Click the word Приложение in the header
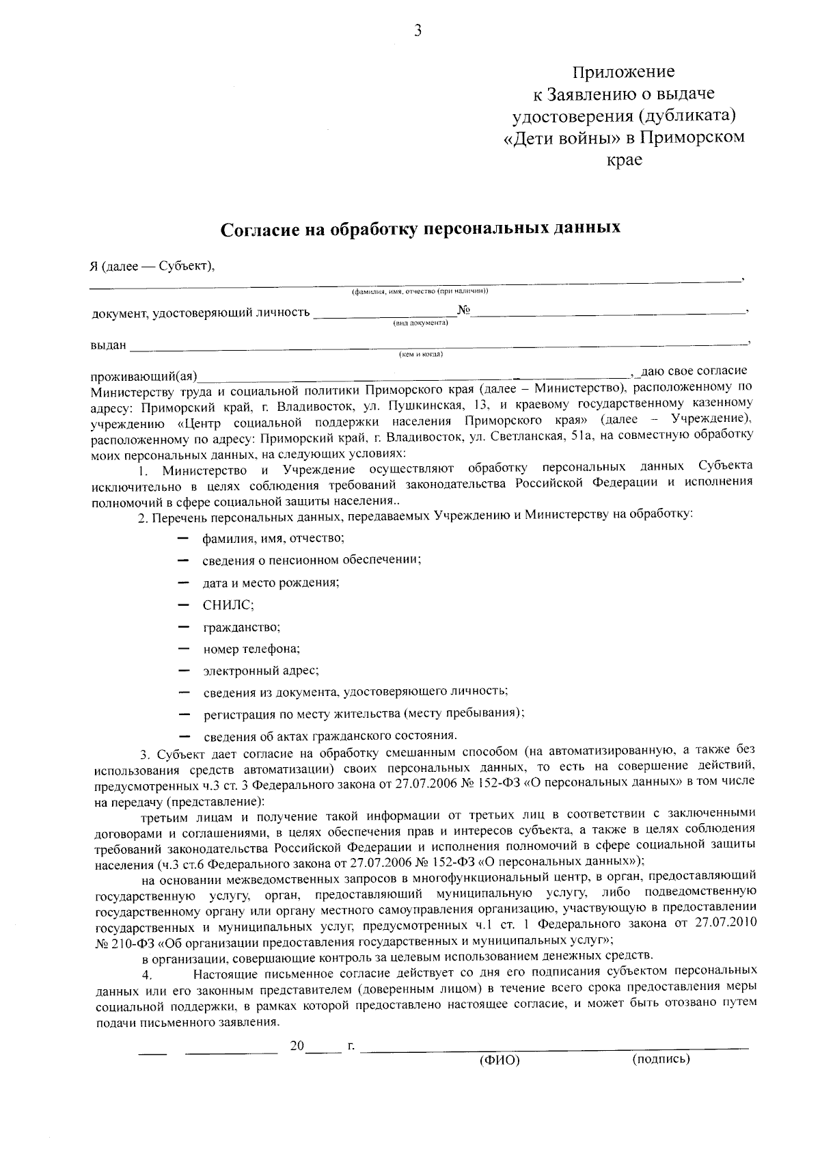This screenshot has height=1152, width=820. [x=623, y=72]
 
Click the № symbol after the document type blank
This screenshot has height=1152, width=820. [x=464, y=311]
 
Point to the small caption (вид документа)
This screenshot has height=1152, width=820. [x=420, y=323]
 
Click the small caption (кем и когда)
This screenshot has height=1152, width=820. [x=421, y=354]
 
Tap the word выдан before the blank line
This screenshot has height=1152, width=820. [x=108, y=345]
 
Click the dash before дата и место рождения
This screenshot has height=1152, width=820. [x=182, y=582]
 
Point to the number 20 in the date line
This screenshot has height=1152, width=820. [x=297, y=1045]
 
